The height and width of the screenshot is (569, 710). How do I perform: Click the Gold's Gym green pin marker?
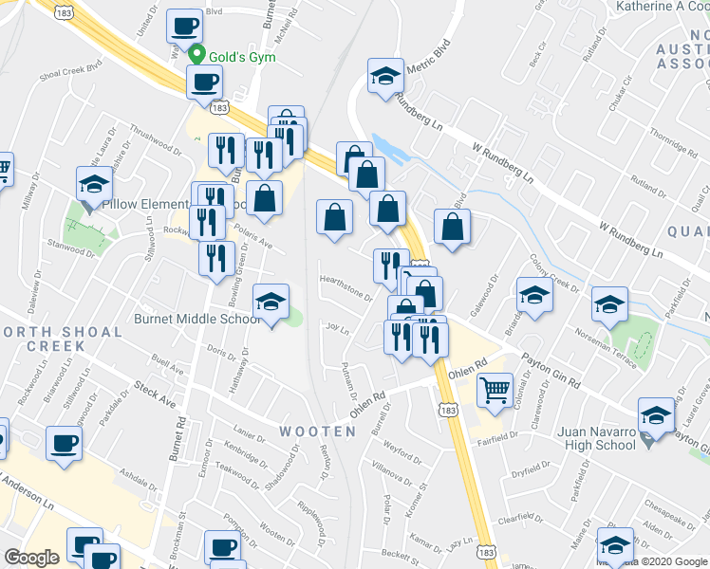coord(198,53)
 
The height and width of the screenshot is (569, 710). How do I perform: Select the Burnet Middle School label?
coord(197,320)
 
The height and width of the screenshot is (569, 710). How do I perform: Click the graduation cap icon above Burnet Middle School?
coord(271,302)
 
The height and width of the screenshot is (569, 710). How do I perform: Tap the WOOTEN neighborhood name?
coord(317,431)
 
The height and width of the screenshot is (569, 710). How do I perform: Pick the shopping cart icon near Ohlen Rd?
coord(495,389)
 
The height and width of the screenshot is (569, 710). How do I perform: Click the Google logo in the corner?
coord(32,558)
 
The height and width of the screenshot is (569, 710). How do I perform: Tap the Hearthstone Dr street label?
coord(345,284)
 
